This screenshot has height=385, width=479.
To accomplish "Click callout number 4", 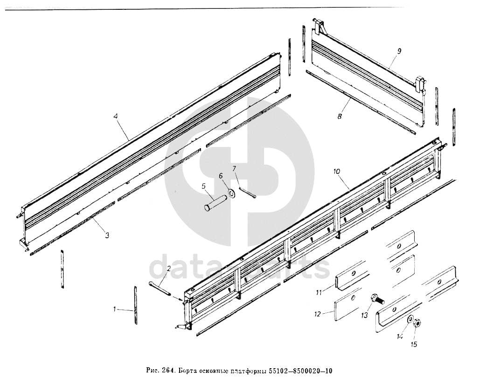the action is [116, 118].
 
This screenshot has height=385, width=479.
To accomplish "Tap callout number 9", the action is [399, 50].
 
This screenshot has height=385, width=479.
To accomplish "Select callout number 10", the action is [337, 172].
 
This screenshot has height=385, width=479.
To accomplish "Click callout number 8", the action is [340, 117].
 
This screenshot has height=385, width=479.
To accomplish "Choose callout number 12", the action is [317, 314].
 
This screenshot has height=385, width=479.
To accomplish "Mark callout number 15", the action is [414, 345].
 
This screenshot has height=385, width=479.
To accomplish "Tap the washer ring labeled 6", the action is [230, 193].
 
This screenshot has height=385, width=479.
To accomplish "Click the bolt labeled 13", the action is [376, 298].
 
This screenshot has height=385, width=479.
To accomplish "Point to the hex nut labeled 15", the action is [418, 323].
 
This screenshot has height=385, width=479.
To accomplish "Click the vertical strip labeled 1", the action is [136, 305].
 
